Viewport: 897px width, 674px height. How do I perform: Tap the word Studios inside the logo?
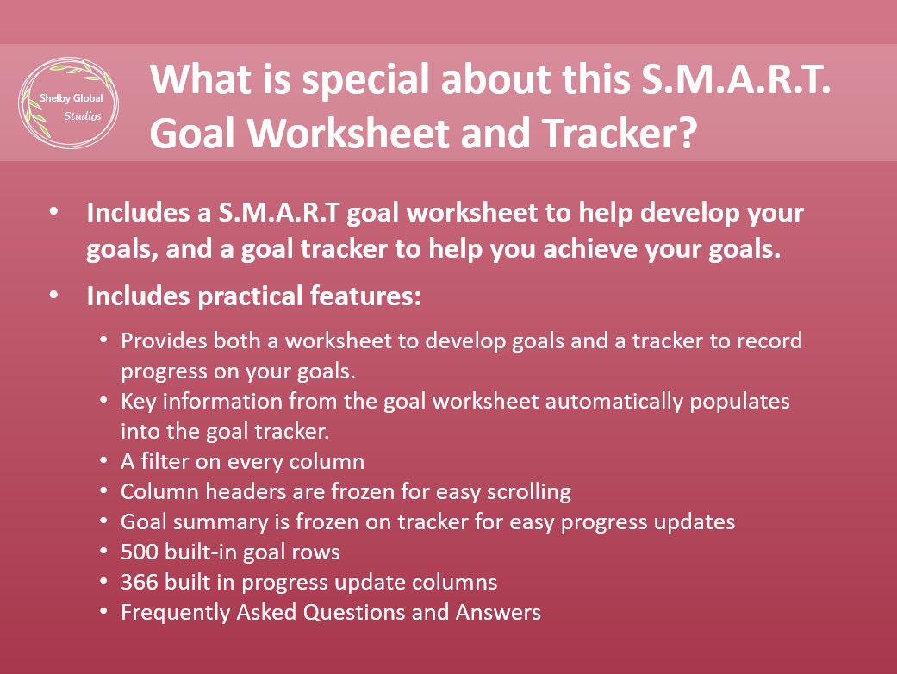click(x=83, y=115)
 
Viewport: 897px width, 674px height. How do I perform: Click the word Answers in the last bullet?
click(x=503, y=613)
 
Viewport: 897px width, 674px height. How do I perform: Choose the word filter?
click(x=162, y=461)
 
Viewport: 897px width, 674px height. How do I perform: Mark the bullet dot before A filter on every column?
click(x=103, y=462)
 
